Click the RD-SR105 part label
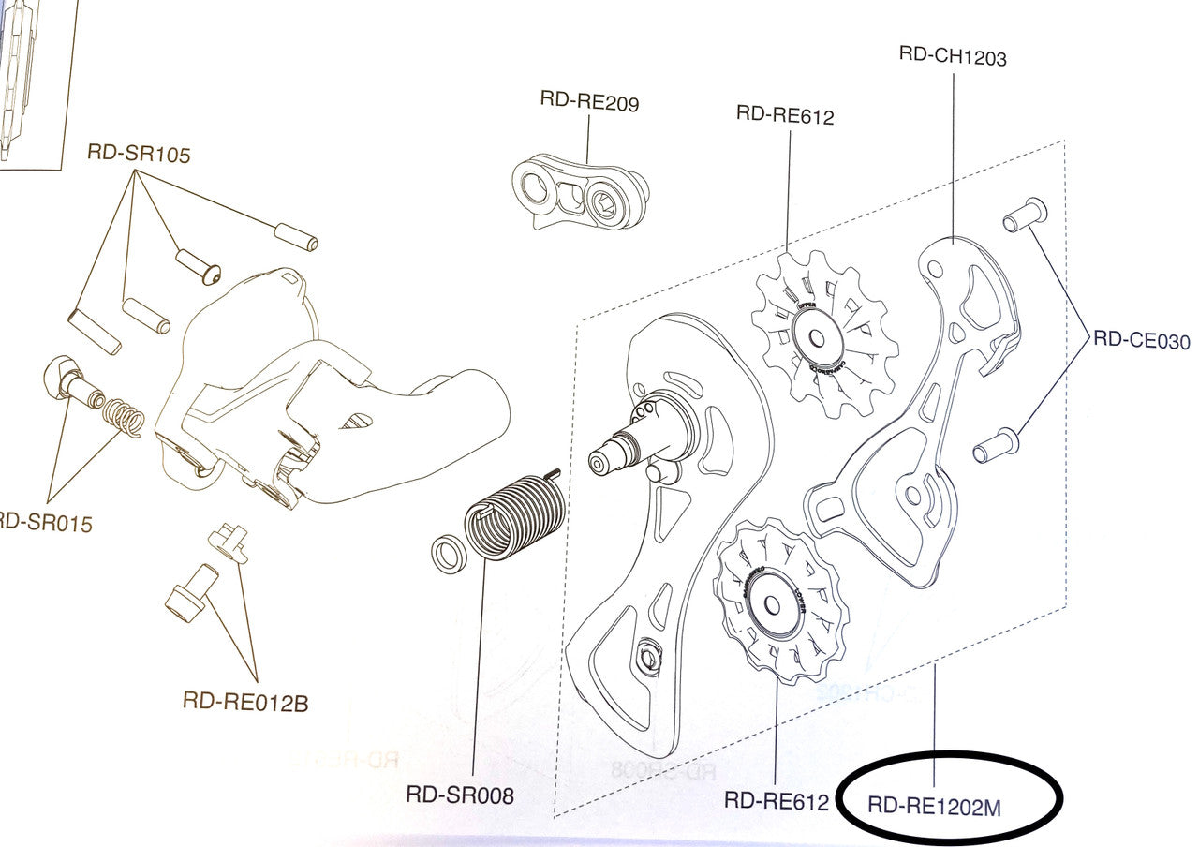pos(139,155)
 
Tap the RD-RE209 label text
pos(589,102)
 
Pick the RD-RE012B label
pos(244,700)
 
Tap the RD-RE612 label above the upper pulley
pos(785,115)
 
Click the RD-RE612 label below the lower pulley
pos(777,802)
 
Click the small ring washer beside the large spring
pos(449,552)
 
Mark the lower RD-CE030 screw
pos(995,443)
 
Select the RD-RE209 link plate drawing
pos(582,193)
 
